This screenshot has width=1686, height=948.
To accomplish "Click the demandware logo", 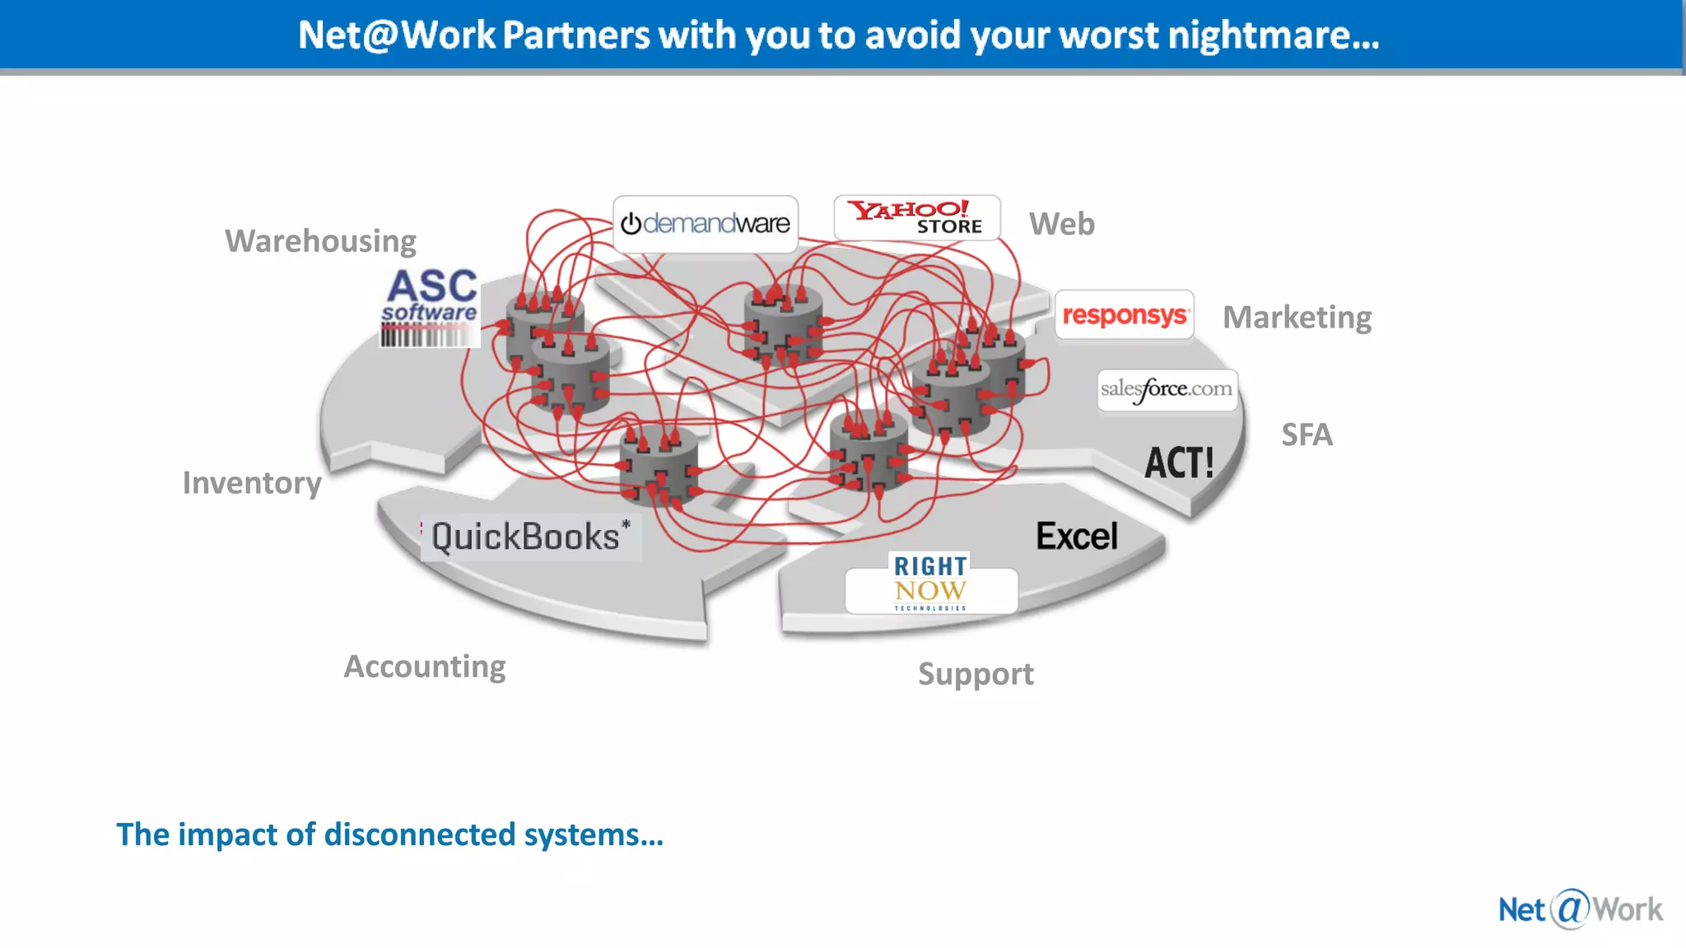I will (706, 223).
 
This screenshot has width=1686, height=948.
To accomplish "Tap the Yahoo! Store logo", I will (916, 217).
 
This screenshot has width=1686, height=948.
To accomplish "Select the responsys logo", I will (1124, 314).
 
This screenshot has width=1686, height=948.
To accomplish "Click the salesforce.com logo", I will (1167, 389).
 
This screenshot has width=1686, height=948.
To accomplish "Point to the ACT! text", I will (1179, 462).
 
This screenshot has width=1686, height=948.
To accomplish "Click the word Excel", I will (1077, 537).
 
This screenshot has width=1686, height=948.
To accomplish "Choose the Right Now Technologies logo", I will (931, 583).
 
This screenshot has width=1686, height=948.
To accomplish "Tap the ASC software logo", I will (431, 295).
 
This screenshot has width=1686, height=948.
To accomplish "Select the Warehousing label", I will (320, 241).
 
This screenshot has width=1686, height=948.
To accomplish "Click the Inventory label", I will (252, 483).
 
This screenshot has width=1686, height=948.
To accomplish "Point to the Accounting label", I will (424, 667).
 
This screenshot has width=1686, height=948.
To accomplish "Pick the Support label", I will (976, 674).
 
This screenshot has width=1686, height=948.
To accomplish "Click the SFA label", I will (1306, 434).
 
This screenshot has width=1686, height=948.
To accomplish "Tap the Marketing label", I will (1297, 318).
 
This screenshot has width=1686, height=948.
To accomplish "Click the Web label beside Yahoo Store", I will (1061, 224).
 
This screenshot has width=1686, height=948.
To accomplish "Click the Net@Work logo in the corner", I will (1580, 909).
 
